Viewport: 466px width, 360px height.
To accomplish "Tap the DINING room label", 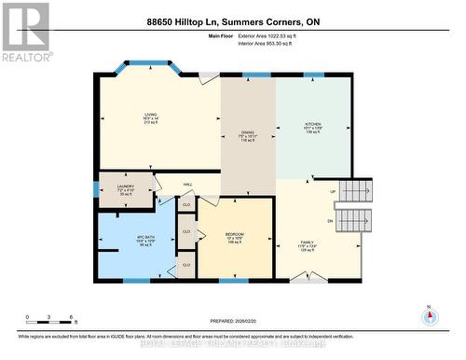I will [247, 132].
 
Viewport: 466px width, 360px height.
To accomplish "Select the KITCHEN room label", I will [313, 123].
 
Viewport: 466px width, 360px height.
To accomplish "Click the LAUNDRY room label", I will [125, 187].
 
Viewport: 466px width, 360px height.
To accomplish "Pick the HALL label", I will [186, 185].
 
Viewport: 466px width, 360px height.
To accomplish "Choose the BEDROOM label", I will [234, 234].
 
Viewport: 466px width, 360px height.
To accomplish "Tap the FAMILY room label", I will [308, 241].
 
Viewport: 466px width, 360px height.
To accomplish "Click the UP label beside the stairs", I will [333, 193].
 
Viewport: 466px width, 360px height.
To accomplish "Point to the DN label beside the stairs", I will [329, 220].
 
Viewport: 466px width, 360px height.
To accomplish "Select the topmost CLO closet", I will [186, 204].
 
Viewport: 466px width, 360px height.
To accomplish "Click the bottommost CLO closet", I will [186, 265].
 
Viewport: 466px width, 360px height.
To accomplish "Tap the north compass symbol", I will [430, 316].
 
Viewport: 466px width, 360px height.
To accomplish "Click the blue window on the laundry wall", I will [96, 189].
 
